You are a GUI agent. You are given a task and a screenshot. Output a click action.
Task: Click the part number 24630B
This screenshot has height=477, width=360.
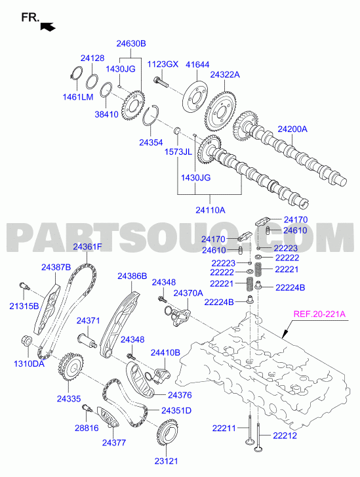pos(131,43)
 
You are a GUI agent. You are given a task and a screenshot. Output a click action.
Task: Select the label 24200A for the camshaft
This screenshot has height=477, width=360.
pos(292,129)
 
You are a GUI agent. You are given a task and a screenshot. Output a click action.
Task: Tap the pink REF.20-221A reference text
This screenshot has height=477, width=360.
pos(319,314)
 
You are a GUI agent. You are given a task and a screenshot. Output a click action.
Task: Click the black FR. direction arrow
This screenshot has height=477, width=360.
pos(48,27)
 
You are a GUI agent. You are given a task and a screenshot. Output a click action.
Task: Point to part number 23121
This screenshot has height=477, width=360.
pos(166,461)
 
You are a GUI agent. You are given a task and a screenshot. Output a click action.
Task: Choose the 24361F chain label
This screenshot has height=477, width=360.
pos(87,247)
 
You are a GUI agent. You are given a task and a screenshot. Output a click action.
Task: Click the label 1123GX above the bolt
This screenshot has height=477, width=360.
pos(163,64)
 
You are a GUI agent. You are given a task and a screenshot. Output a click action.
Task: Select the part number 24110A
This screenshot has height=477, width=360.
pos(210,210)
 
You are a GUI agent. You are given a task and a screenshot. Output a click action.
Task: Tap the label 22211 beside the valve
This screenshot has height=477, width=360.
pos(224,428)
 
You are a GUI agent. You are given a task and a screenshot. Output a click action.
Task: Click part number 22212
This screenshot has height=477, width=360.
pos(285,435)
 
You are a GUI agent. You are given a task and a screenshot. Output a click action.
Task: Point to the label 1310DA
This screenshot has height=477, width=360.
pos(29,363)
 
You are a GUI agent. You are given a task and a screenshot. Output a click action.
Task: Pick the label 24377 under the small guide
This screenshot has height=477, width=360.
pos(114,443)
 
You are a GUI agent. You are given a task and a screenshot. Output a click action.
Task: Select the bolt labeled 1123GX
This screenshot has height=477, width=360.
pos(161,81)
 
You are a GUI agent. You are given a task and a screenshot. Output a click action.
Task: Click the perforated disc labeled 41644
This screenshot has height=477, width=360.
pos(196,96)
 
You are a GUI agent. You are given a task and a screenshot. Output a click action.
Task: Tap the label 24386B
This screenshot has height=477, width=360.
pos(132,276)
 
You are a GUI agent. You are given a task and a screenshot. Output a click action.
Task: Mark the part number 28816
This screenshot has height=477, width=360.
pos(87,428)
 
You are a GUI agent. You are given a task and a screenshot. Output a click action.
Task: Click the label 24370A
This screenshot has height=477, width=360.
pos(188,293)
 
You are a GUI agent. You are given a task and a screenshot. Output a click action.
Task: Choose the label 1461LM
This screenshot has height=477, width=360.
pos(78,96)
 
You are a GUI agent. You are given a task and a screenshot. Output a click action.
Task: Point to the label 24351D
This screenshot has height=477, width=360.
pos(176,410)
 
